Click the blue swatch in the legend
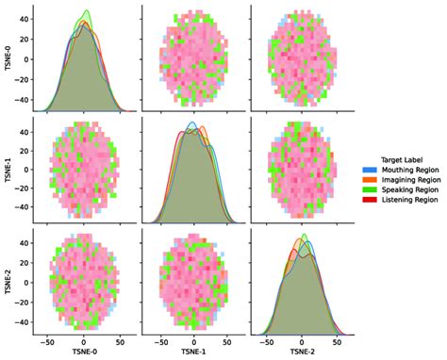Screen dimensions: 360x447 tap(370, 170)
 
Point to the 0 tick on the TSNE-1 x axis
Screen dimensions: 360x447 tap(193, 341)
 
